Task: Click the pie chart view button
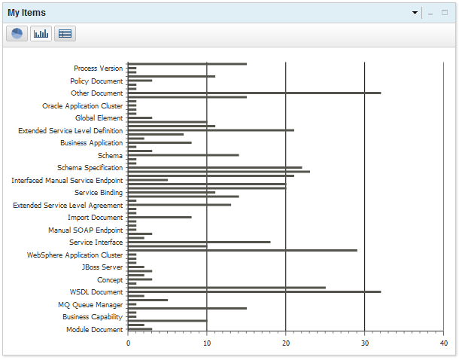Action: [17, 34]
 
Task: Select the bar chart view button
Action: [41, 34]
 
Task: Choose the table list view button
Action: [65, 34]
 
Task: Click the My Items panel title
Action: [26, 13]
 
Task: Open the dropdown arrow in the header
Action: [415, 14]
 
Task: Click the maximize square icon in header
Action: [445, 13]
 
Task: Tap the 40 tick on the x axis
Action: [443, 343]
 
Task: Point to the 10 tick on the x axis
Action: [207, 343]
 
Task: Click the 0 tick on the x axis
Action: [128, 343]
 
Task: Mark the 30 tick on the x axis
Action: [364, 343]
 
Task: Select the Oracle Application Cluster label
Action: [82, 106]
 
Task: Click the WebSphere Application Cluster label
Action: [74, 255]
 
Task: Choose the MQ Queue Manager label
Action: [90, 305]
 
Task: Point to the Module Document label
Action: [94, 330]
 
